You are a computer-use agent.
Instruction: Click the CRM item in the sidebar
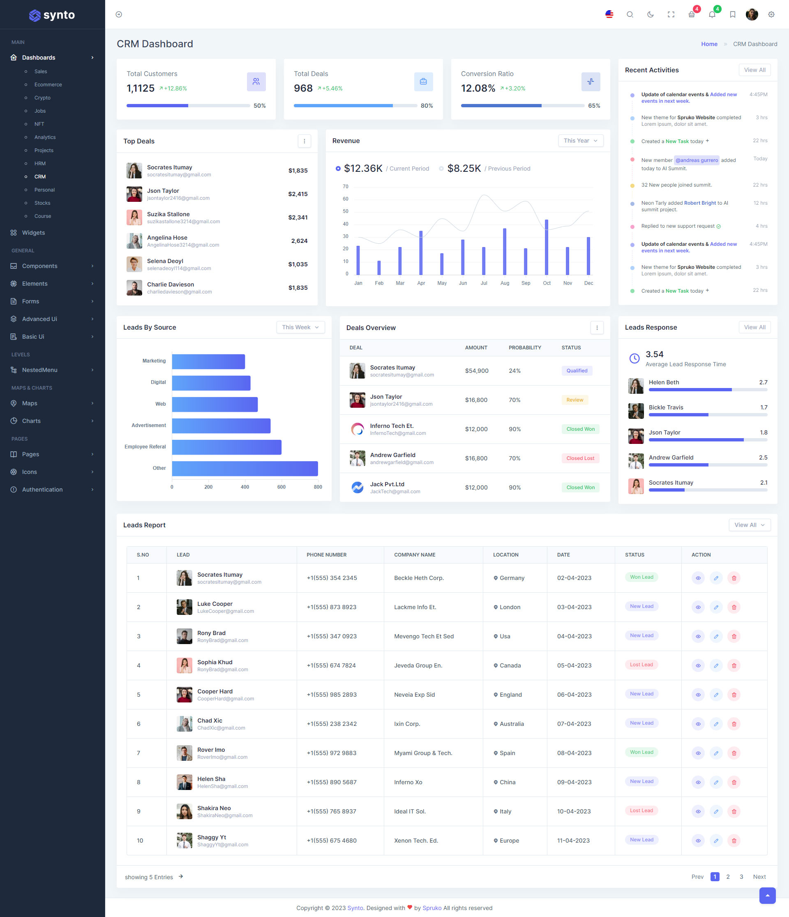[40, 177]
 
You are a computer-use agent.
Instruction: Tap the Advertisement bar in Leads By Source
[221, 426]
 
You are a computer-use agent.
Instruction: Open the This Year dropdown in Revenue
[580, 141]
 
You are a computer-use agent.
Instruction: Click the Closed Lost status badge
[580, 458]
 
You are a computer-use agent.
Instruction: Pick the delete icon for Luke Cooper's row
[734, 607]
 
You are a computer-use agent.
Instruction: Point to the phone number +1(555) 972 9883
[332, 753]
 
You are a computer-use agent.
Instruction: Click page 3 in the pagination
[741, 877]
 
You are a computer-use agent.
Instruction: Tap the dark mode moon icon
[650, 15]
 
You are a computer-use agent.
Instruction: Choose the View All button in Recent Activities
[754, 70]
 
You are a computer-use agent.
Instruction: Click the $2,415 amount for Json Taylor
[298, 194]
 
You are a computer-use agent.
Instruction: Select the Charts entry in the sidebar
[31, 421]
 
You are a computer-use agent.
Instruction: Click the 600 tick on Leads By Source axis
[281, 487]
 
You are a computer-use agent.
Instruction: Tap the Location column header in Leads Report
[505, 554]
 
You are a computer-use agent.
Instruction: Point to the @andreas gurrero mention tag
[697, 160]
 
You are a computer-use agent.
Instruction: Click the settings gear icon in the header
[771, 15]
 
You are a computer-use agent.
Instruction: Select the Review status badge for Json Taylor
[574, 400]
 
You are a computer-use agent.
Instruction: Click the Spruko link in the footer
[431, 908]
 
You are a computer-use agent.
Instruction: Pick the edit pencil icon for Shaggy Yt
[715, 841]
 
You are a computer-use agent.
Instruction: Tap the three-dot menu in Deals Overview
[597, 328]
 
